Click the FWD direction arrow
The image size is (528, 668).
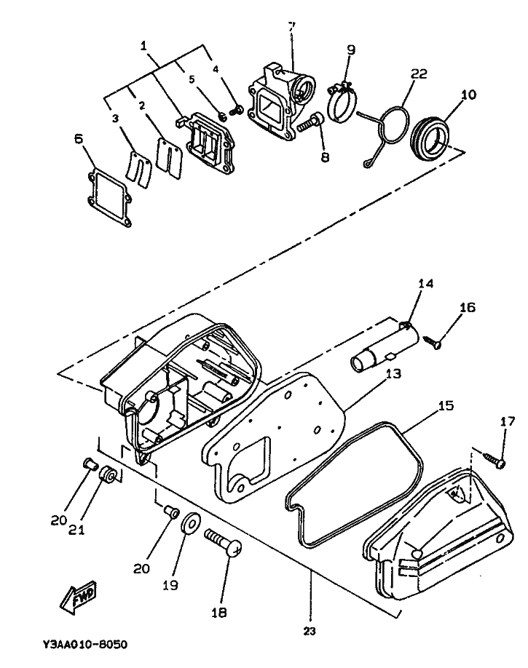[79, 597]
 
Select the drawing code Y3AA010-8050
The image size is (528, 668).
[85, 644]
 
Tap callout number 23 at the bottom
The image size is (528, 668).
[310, 631]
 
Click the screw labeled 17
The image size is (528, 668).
[494, 460]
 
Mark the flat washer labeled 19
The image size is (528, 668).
[191, 522]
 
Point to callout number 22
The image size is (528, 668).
[418, 73]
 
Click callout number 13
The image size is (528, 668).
[394, 374]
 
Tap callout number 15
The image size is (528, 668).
[446, 405]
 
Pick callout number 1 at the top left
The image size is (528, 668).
[143, 45]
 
